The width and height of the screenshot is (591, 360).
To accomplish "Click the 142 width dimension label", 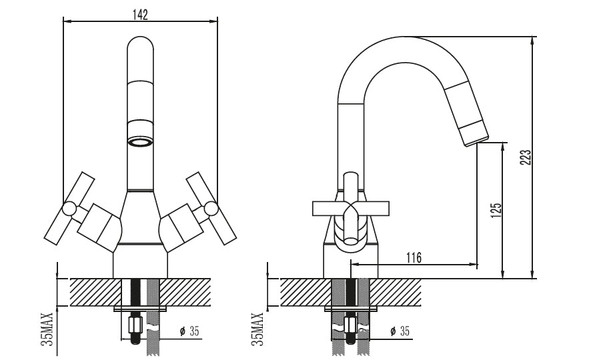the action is coord(140,15).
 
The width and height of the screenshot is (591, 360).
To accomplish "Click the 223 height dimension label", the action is coord(526,157).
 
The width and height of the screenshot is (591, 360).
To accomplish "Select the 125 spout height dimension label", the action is coord(496,210).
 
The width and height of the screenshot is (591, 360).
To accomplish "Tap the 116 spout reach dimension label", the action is coord(414,258).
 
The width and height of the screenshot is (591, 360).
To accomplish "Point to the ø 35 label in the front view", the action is coord(189,331).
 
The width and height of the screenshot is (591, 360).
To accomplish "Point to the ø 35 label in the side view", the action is coord(400,331).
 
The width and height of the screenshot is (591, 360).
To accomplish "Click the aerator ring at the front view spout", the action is coord(140,142).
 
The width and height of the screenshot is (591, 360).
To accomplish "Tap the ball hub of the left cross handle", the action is coord(69,209).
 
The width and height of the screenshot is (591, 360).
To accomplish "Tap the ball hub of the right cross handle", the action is coord(211,209).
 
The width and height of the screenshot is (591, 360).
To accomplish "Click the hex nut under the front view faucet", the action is coord(135,325).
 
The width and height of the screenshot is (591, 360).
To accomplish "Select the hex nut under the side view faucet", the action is coord(350,325).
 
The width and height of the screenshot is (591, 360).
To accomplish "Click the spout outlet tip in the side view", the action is coord(476,141).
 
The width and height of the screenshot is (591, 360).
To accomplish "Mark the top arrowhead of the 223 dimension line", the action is coord(532,40).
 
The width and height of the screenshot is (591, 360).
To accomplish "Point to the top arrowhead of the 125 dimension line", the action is coord(502,146).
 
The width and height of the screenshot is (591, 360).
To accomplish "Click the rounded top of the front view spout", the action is coord(140,43).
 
